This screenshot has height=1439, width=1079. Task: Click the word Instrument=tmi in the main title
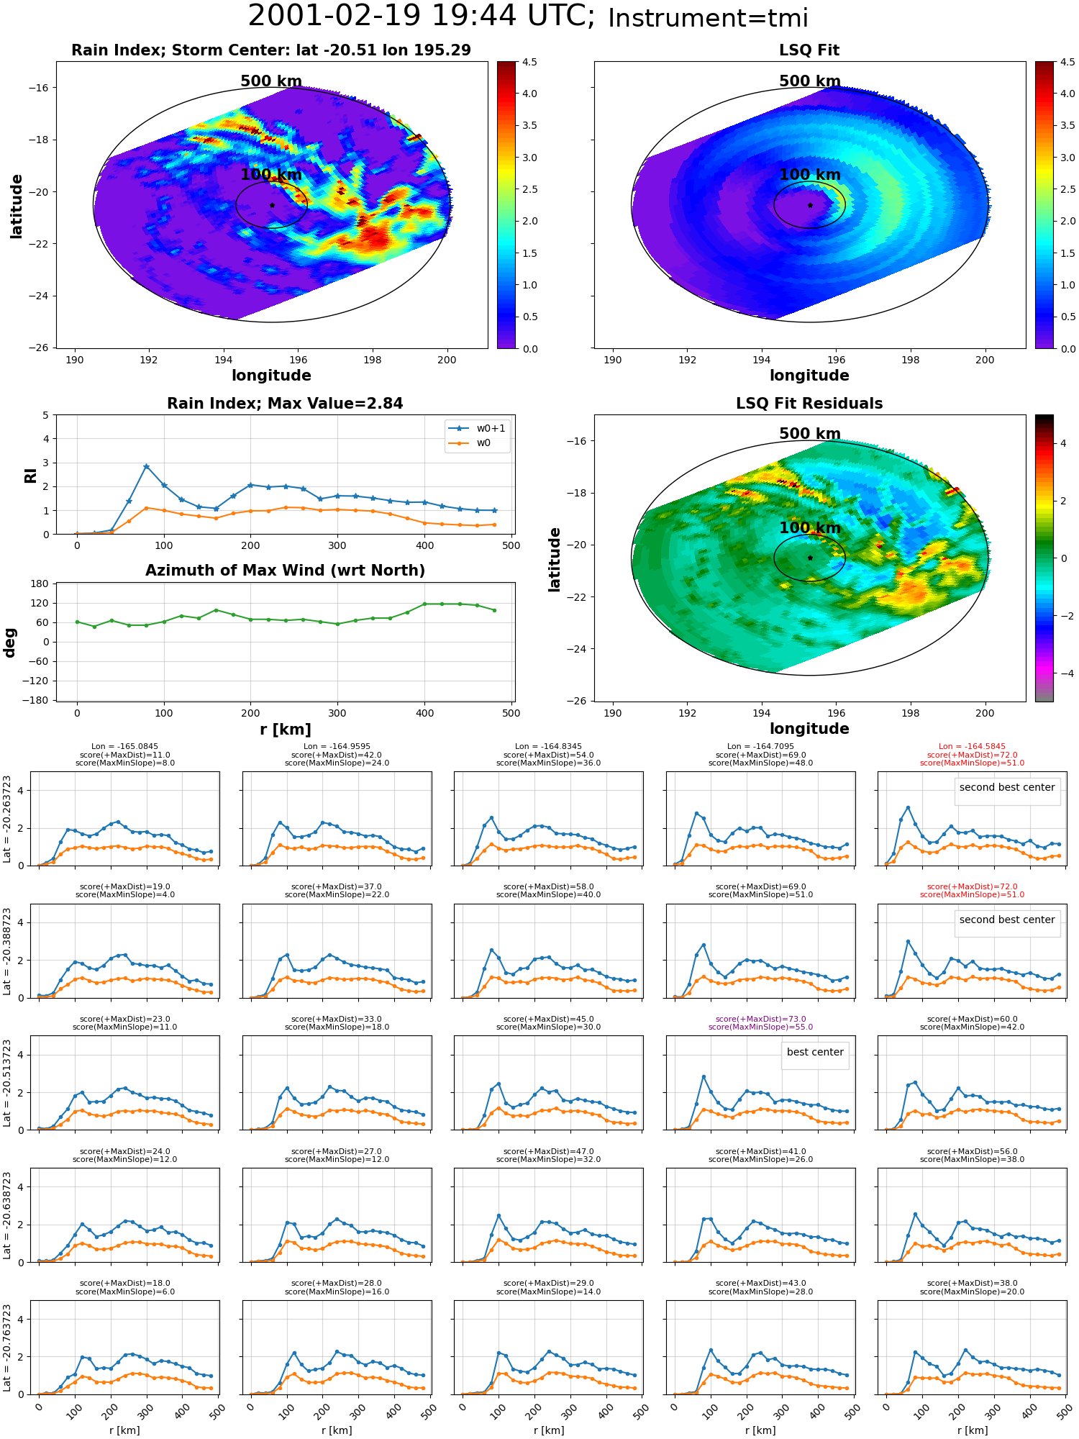708,18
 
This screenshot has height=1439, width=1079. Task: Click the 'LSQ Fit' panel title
809,50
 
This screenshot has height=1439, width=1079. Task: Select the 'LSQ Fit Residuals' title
809,404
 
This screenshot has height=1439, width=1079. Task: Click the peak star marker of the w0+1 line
146,466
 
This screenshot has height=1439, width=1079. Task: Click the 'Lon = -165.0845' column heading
125,747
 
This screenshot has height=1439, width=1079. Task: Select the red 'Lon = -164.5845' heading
972,747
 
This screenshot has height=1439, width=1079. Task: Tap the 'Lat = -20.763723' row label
7,1345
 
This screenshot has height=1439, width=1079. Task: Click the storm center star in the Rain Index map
272,205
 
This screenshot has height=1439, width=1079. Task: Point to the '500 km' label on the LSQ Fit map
809,81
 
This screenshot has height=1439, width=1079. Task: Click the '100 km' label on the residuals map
809,528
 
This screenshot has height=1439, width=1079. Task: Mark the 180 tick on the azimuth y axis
40,584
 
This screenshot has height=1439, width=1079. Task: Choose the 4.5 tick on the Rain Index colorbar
529,62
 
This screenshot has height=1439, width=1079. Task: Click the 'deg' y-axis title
9,642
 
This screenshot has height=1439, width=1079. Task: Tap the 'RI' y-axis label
30,475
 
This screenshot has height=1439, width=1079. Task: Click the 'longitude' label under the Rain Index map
271,376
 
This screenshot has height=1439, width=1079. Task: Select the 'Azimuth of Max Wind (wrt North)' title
285,571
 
